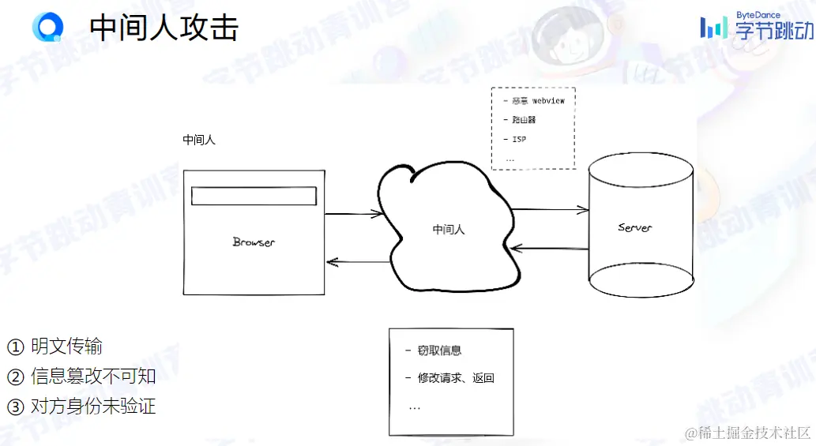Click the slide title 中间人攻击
[164, 28]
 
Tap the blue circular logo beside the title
[47, 27]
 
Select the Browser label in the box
[254, 242]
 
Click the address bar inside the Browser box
[254, 196]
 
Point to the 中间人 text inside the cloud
[449, 230]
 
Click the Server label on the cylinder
[635, 228]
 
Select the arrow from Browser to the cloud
[353, 213]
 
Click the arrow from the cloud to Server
[550, 210]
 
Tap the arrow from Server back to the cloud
[550, 249]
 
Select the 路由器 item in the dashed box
[524, 120]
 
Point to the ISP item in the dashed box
[519, 139]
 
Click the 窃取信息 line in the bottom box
[439, 350]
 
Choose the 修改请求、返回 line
[455, 378]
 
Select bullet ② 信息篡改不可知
[81, 376]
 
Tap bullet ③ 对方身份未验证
[81, 407]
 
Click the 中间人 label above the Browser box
[199, 141]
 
